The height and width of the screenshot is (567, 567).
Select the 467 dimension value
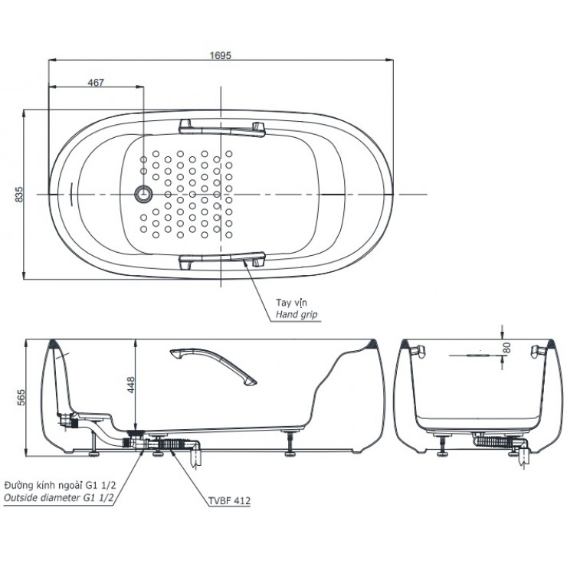pyautogui.click(x=97, y=82)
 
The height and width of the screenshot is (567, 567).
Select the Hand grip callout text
pyautogui.click(x=296, y=315)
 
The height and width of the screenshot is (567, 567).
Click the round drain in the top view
pyautogui.click(x=143, y=195)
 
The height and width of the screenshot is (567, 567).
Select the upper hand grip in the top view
pyautogui.click(x=221, y=126)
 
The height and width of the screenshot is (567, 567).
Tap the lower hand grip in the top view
pyautogui.click(x=221, y=262)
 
